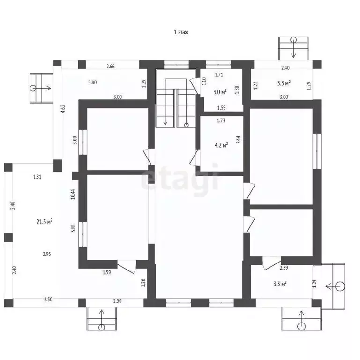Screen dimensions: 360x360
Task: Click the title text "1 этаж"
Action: pyautogui.click(x=181, y=32)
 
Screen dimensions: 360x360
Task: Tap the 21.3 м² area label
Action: pyautogui.click(x=45, y=222)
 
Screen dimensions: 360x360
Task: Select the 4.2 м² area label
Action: pyautogui.click(x=221, y=145)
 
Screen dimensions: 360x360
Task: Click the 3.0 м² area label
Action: pyautogui.click(x=220, y=92)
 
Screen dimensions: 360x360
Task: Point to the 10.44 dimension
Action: pyautogui.click(x=73, y=194)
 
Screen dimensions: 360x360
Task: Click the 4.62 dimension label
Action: pyautogui.click(x=63, y=109)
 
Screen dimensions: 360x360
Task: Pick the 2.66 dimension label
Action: pyautogui.click(x=111, y=67)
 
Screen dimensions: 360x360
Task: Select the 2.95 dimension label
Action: pyautogui.click(x=46, y=254)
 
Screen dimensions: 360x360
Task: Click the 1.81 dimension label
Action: pyautogui.click(x=37, y=177)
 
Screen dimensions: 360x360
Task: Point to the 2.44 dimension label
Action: pyautogui.click(x=238, y=140)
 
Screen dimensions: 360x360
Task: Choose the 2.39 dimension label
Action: pyautogui.click(x=284, y=268)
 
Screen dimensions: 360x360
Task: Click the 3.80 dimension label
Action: pyautogui.click(x=92, y=82)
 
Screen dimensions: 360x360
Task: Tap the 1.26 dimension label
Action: pyautogui.click(x=143, y=283)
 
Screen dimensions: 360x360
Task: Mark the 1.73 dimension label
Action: pyautogui.click(x=221, y=120)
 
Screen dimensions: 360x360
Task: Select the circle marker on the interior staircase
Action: pyautogui.click(x=187, y=125)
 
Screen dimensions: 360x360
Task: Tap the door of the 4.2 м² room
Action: pyautogui.click(x=195, y=157)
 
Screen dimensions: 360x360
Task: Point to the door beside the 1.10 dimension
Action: pyautogui.click(x=195, y=86)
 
